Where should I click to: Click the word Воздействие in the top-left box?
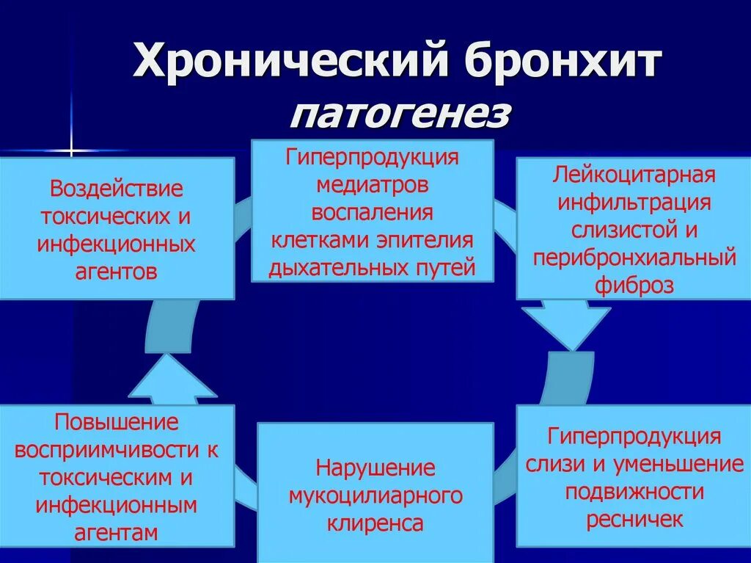click(117, 189)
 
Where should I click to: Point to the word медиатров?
click(372, 185)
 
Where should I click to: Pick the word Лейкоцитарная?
click(634, 176)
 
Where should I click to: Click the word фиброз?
click(634, 285)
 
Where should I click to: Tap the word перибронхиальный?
click(634, 258)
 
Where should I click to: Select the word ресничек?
click(634, 519)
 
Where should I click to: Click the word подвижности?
click(634, 492)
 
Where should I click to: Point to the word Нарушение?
click(375, 468)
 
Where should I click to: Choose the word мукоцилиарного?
click(375, 495)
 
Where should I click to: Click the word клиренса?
click(375, 523)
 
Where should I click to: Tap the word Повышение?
click(117, 422)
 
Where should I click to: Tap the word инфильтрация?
click(634, 203)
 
